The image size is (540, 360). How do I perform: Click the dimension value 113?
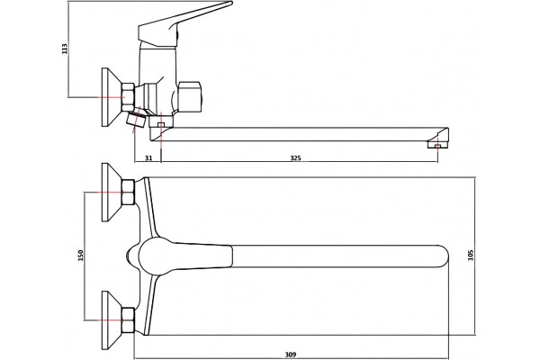65,49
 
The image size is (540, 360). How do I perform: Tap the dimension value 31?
148,158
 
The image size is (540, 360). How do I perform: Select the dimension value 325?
295,158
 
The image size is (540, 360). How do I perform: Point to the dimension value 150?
81,256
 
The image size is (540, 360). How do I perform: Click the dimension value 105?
471,256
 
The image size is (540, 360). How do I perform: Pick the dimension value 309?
291,354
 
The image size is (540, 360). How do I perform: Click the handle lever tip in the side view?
230,3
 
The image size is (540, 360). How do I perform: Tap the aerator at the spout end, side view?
437,145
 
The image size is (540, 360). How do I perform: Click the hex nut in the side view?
128,97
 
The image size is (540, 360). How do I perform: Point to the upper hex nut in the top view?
128,192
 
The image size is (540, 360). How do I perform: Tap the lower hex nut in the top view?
128,320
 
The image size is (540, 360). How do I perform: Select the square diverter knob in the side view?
189,97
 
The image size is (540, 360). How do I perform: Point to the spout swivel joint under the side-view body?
160,121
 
